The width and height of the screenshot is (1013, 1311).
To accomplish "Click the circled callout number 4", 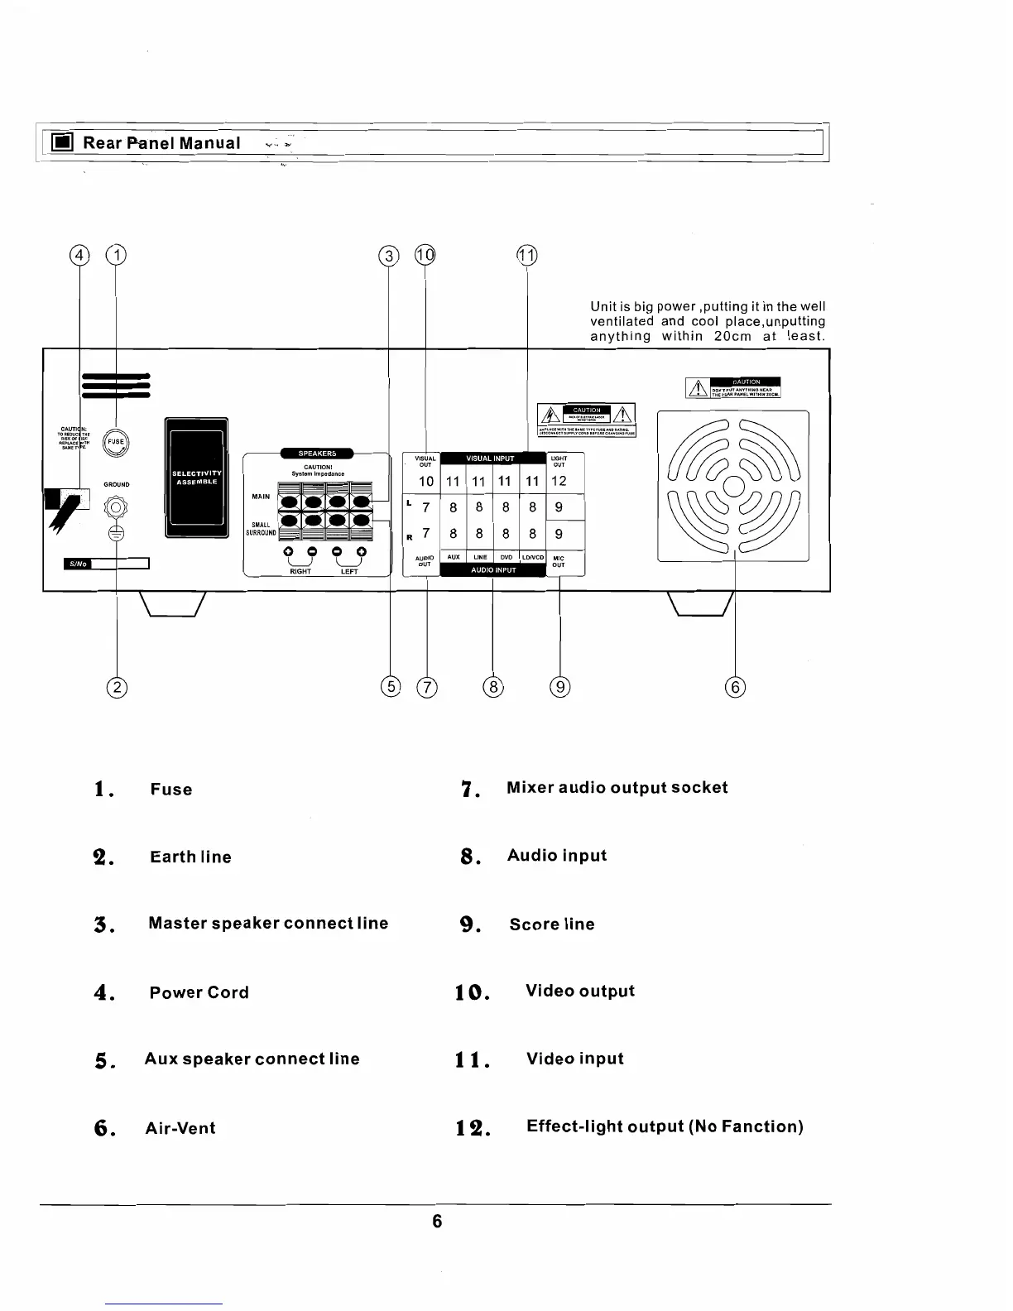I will point(79,256).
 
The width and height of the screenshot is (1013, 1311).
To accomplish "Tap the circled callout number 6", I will point(735,687).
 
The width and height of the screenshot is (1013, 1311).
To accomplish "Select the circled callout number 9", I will point(560,687).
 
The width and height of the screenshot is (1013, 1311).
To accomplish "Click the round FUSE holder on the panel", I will point(115,442).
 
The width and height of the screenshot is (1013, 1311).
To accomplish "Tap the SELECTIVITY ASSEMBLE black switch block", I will point(197,478).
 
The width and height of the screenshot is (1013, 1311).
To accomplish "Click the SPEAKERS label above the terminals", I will point(318,453).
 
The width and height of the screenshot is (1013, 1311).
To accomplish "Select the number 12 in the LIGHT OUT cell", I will point(559,481).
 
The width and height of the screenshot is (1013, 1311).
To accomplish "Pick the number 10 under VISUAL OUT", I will point(425,481).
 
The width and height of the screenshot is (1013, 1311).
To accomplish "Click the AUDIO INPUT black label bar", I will point(493,570).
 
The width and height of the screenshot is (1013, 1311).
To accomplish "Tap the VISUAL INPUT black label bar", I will point(491,458).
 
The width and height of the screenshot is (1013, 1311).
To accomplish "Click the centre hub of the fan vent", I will point(733,486).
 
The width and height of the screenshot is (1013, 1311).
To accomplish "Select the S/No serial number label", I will point(77,564).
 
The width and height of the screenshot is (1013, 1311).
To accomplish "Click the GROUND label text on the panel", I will point(116,484).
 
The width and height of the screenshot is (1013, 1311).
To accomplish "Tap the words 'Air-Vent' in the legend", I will point(180,1128).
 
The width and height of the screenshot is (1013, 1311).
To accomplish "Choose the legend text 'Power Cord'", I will point(199,992).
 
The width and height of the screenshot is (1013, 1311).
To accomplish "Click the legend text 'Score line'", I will point(552,924).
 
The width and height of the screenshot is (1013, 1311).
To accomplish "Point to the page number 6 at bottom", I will point(437,1221).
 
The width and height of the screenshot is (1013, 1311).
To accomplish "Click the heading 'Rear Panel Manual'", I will point(162,143).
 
